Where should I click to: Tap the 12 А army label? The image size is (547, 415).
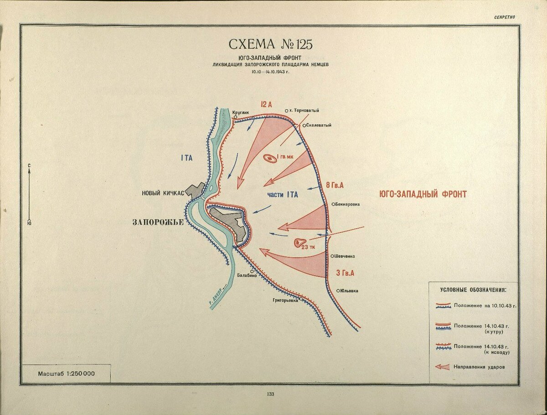(266, 104)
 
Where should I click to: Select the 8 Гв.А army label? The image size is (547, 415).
(335, 185)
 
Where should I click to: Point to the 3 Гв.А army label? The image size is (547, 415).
(345, 273)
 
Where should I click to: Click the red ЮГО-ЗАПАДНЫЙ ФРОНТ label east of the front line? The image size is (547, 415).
(423, 195)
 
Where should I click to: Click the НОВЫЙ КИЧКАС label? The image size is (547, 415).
(163, 193)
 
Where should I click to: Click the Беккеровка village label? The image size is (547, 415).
(348, 204)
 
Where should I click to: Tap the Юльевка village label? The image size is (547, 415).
(349, 291)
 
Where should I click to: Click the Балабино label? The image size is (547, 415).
(247, 275)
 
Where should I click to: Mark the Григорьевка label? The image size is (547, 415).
(285, 301)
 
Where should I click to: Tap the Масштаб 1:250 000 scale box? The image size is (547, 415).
(67, 374)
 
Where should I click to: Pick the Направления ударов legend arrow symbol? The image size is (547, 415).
(443, 366)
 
